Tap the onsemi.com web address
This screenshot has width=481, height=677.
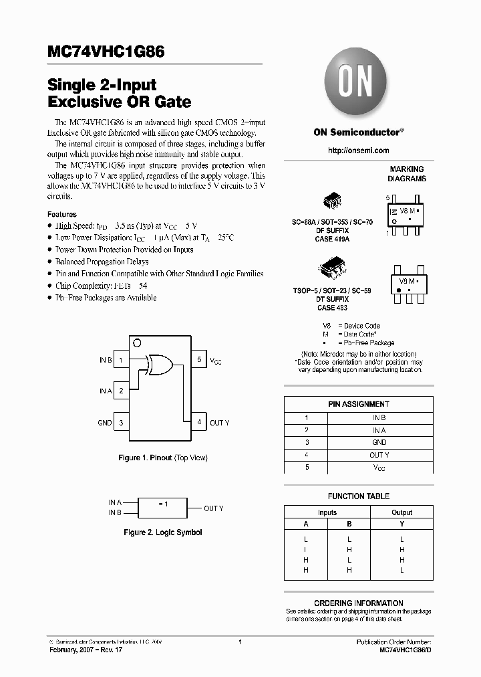click(x=358, y=151)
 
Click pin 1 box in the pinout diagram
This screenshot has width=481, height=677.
click(x=121, y=360)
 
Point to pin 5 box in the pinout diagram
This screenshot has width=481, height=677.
click(x=198, y=360)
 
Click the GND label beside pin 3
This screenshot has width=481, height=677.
click(x=105, y=423)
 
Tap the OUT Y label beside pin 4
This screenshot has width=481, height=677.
click(x=219, y=423)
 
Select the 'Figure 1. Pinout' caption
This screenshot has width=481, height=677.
click(x=162, y=458)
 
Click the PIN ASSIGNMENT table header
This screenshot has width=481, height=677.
click(x=358, y=404)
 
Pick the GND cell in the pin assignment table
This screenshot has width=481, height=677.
click(x=379, y=442)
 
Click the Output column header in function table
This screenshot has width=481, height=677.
click(x=402, y=512)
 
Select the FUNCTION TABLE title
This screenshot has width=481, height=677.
click(x=358, y=496)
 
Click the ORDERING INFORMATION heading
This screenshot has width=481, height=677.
click(x=358, y=603)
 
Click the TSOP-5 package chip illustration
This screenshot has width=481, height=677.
click(x=333, y=268)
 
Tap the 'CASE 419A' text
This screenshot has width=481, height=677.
click(x=333, y=239)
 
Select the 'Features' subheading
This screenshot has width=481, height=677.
click(x=61, y=214)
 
